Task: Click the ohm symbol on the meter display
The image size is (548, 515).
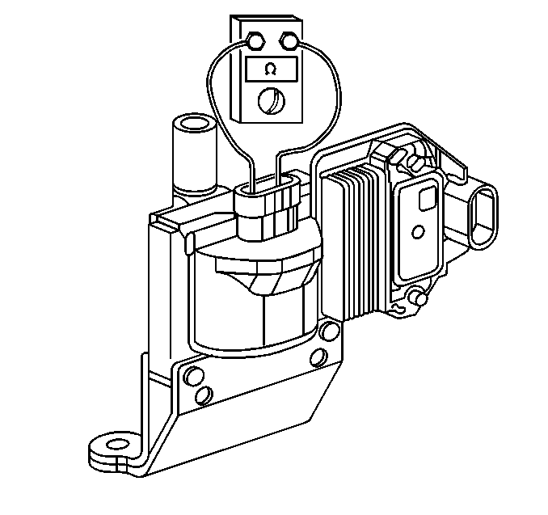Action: tap(270, 70)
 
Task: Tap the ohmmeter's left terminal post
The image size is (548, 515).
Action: tap(255, 41)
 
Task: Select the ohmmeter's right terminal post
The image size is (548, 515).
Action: tap(289, 41)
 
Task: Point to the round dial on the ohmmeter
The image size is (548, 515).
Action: tap(272, 101)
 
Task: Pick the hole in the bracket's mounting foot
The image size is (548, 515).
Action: tap(116, 445)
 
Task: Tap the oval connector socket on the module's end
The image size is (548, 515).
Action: tap(483, 217)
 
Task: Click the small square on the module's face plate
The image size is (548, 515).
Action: tap(428, 198)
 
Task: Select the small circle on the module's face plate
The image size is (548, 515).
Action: tap(419, 232)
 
